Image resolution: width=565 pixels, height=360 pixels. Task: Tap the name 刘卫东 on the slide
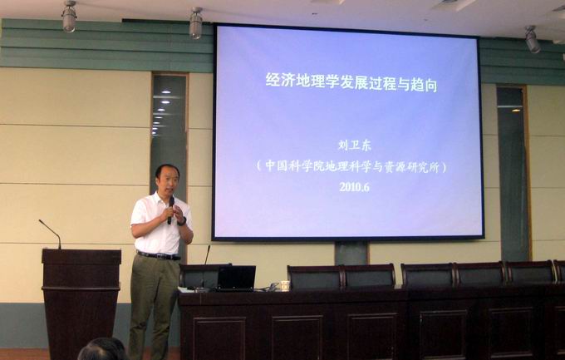pyautogui.click(x=350, y=145)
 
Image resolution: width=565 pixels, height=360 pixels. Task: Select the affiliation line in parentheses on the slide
pyautogui.click(x=351, y=165)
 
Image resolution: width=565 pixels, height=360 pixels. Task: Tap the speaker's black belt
pyautogui.click(x=158, y=255)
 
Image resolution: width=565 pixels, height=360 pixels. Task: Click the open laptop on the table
pyautogui.click(x=236, y=278)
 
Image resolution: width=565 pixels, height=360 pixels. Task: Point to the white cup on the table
pyautogui.click(x=285, y=285)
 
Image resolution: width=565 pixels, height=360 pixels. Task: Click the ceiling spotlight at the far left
pyautogui.click(x=69, y=17)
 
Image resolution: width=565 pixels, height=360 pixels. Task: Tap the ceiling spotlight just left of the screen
pyautogui.click(x=196, y=24)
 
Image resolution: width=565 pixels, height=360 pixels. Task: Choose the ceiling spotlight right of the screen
pyautogui.click(x=531, y=40)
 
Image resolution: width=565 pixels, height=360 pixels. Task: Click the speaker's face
pyautogui.click(x=167, y=180)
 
